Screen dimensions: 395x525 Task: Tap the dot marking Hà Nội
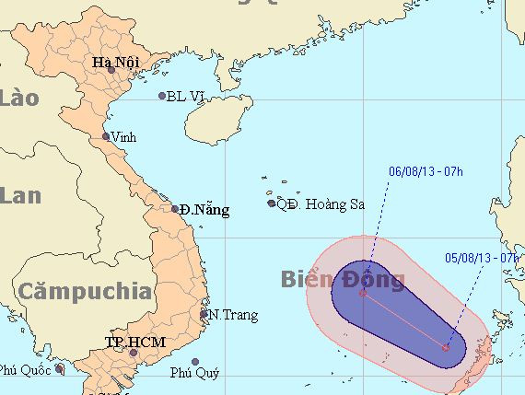(x=111, y=70)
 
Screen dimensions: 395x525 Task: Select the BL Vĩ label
(x=185, y=95)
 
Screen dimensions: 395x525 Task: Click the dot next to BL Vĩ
(x=162, y=96)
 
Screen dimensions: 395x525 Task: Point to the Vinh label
(x=123, y=136)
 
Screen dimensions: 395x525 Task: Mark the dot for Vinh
(x=106, y=136)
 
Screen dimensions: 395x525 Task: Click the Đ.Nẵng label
(x=204, y=210)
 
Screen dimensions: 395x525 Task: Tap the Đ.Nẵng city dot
(x=175, y=209)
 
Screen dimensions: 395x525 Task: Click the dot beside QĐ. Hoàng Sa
(x=271, y=203)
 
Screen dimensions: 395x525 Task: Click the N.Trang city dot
(x=204, y=314)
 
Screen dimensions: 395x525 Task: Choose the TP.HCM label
(x=128, y=343)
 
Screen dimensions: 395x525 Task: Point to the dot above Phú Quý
(x=194, y=362)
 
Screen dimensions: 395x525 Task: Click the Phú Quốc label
(x=23, y=370)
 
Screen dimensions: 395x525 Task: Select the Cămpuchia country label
(x=84, y=292)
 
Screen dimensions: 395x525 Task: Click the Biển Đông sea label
(x=342, y=279)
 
